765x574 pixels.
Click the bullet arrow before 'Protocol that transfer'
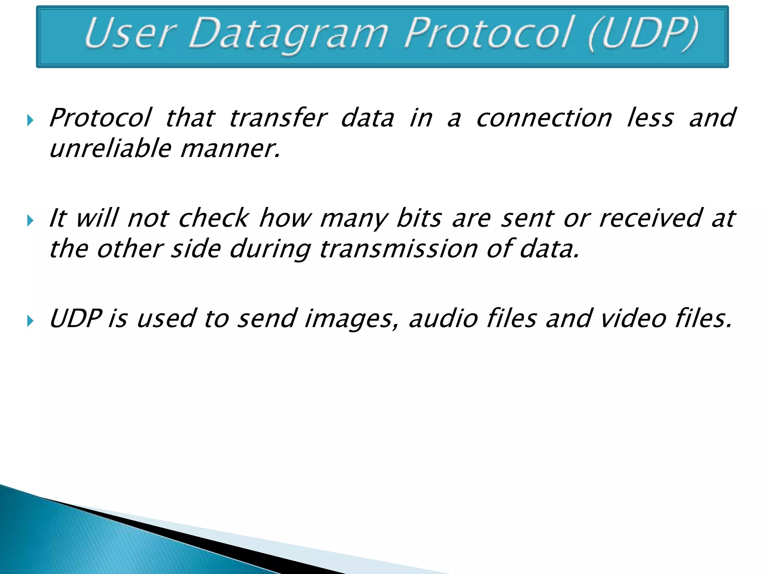(x=31, y=120)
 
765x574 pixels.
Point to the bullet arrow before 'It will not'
(x=31, y=220)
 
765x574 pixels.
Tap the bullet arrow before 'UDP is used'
(x=31, y=321)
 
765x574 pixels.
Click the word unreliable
(x=111, y=148)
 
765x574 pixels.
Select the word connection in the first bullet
(x=544, y=118)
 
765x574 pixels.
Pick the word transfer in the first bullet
(x=278, y=118)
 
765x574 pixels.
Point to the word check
(x=213, y=218)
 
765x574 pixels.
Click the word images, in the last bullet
(x=351, y=319)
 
